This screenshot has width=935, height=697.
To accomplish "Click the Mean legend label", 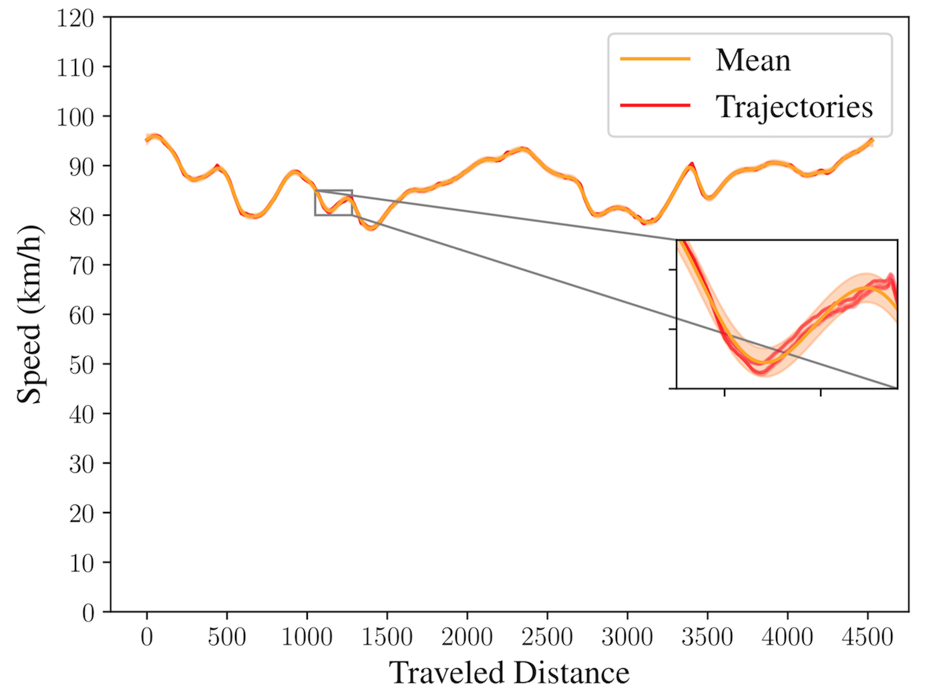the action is (753, 60).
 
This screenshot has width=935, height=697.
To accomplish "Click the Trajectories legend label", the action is (794, 107).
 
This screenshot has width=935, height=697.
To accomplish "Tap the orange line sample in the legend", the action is (654, 59).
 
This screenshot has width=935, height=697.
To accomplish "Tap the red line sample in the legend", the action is (654, 105).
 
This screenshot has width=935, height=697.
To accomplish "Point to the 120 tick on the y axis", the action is (75, 19).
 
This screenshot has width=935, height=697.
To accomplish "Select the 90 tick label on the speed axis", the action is (81, 167).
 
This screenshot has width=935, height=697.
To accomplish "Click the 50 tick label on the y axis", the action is (81, 366).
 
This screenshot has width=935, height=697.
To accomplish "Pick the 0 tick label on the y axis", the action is (87, 613).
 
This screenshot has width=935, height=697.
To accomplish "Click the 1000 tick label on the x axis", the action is (307, 637).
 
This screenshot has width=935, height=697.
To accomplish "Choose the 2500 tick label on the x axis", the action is (547, 637).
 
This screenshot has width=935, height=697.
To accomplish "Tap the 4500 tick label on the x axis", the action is (868, 637).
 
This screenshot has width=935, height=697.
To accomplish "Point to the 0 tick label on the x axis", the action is (147, 637).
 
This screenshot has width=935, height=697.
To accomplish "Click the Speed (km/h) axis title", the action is (30, 314).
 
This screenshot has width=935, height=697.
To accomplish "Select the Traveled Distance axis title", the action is (509, 672).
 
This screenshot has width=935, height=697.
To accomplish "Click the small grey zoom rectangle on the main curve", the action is (333, 190).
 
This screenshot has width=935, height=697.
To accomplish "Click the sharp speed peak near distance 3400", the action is (691, 164).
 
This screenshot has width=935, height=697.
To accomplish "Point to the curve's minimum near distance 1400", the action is (371, 229).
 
